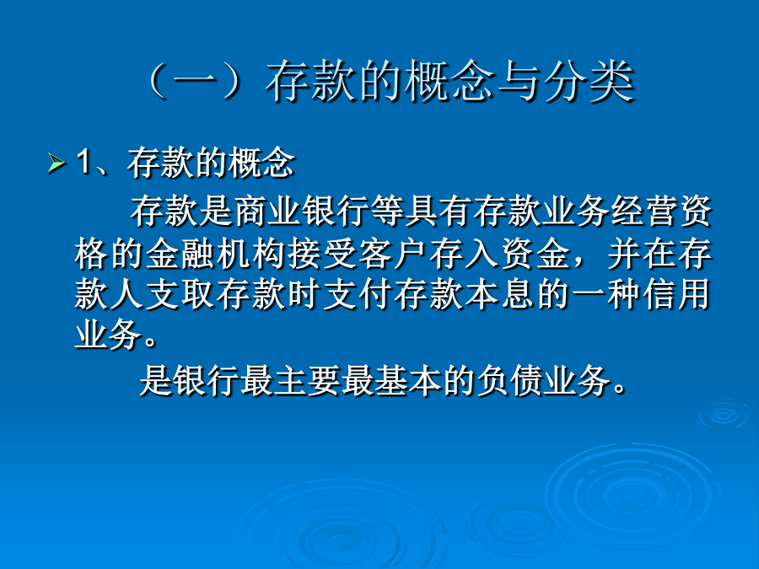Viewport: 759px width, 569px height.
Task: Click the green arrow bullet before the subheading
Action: pyautogui.click(x=57, y=163)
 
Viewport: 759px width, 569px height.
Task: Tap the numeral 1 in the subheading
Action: pyautogui.click(x=83, y=162)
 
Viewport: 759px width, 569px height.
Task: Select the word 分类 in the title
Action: pyautogui.click(x=589, y=81)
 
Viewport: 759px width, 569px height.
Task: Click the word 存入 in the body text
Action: pyautogui.click(x=465, y=254)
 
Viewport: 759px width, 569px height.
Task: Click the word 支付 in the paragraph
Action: pyautogui.click(x=358, y=294)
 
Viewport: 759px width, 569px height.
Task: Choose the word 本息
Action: pyautogui.click(x=500, y=294)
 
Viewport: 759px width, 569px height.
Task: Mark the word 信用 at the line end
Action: pyautogui.click(x=676, y=294)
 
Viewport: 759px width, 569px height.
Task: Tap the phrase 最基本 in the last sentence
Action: pyautogui.click(x=391, y=380)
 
